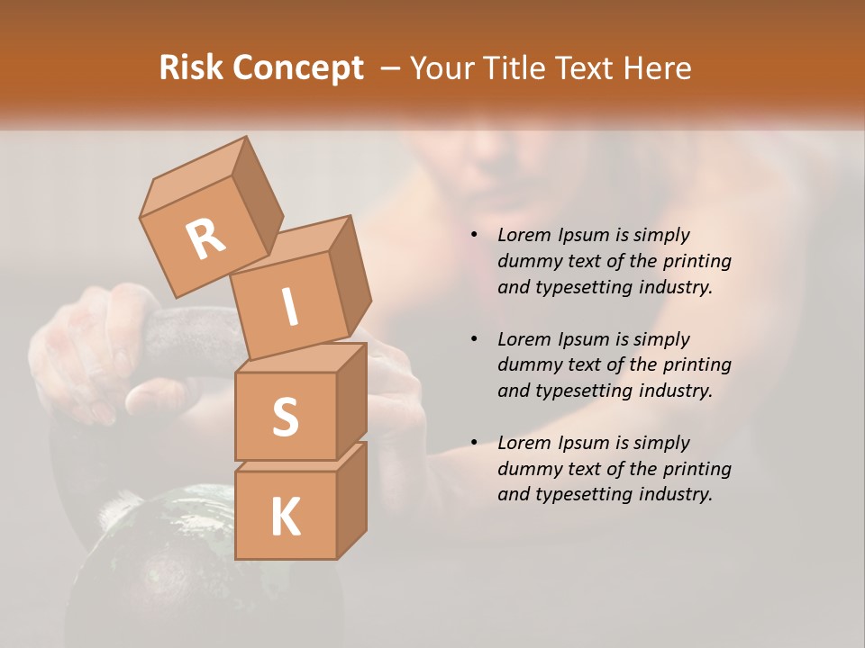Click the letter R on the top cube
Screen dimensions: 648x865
(205, 238)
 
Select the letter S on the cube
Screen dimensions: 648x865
(285, 417)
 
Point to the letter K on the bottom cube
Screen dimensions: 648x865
(285, 517)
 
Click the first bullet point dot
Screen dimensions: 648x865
(474, 235)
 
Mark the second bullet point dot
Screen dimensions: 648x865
(474, 339)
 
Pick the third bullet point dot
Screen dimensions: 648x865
(474, 443)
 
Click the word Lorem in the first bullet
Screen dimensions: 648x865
(523, 235)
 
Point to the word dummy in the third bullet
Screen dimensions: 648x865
(527, 469)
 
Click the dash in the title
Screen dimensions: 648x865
(390, 68)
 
